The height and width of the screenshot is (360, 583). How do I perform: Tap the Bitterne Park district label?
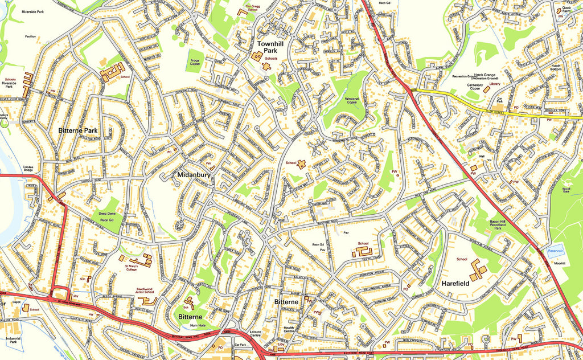point(78,130)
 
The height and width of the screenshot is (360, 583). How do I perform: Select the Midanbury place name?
point(194,175)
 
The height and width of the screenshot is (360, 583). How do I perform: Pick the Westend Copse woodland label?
point(351,101)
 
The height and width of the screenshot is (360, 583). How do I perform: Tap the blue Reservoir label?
point(554,251)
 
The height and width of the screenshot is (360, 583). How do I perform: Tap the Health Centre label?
point(289,330)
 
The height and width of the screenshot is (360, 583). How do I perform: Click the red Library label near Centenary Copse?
point(494,84)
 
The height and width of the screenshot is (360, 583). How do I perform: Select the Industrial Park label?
point(13,342)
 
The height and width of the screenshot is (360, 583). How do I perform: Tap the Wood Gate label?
point(566,190)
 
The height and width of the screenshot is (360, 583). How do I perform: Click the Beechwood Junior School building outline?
point(149,300)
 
